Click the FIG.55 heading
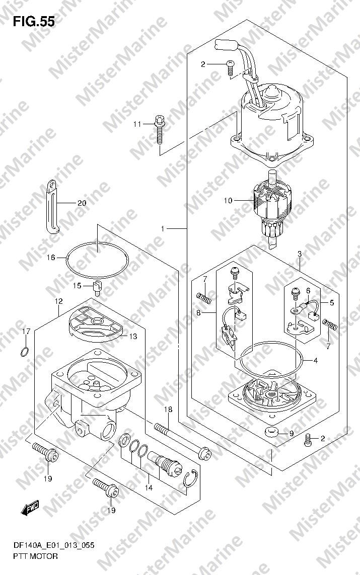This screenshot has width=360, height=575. pyautogui.click(x=34, y=22)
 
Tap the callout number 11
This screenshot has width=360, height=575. pyautogui.click(x=137, y=124)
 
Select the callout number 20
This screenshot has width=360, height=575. pyautogui.click(x=82, y=203)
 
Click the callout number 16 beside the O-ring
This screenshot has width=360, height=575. pyautogui.click(x=51, y=258)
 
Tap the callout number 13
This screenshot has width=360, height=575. pyautogui.click(x=133, y=336)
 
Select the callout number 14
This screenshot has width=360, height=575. pyautogui.click(x=148, y=488)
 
